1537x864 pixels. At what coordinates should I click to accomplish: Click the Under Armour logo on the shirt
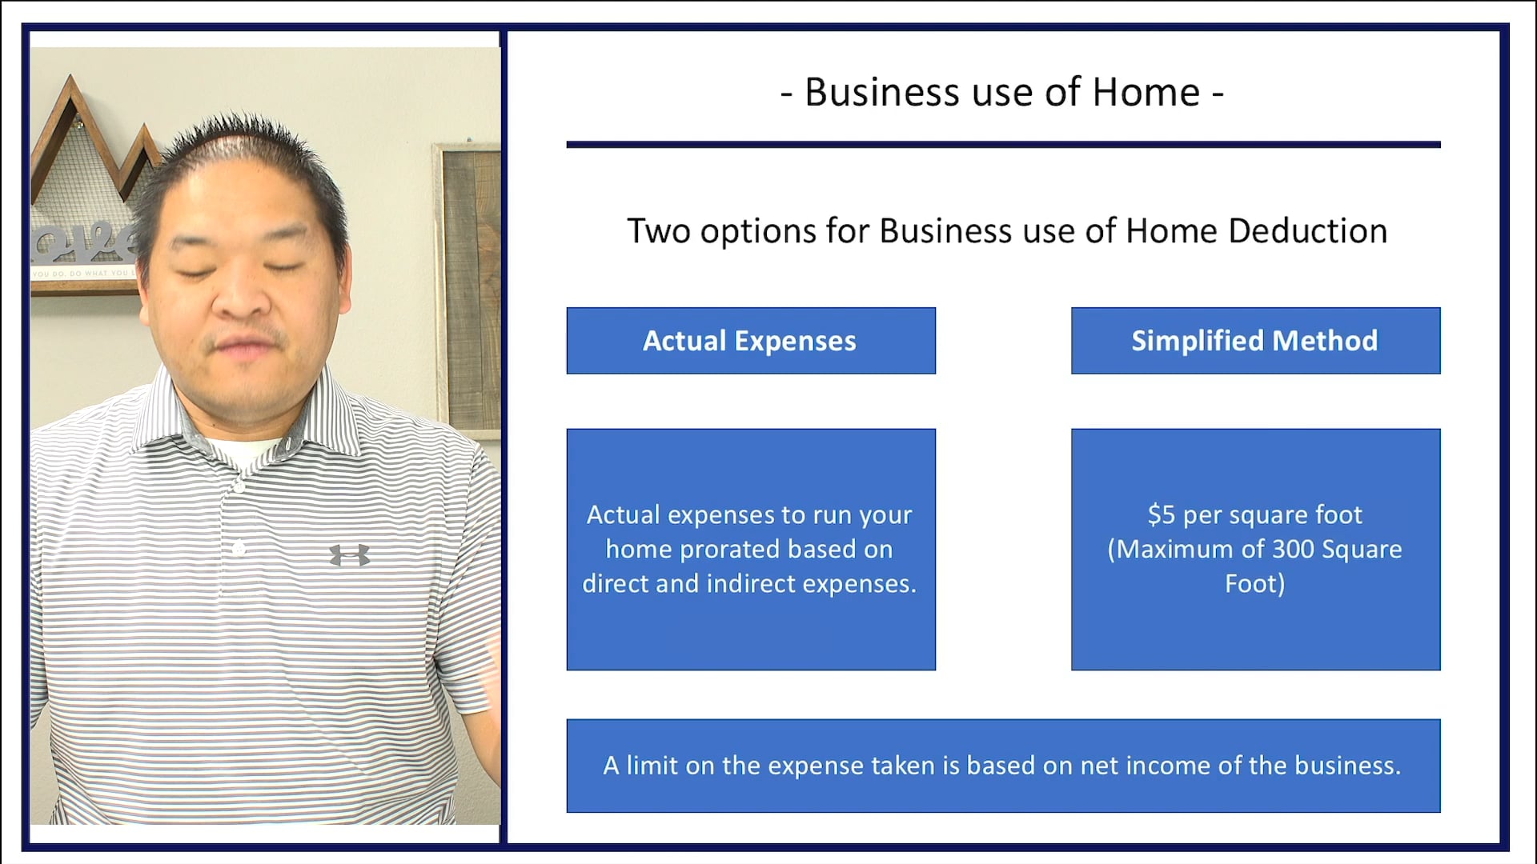[x=350, y=554]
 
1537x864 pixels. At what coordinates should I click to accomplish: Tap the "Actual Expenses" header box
[x=750, y=341]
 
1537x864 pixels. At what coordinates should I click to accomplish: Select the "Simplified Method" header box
[x=1254, y=341]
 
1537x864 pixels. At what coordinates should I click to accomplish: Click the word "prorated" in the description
[x=729, y=550]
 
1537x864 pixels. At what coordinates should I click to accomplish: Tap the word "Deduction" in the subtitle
[x=1307, y=231]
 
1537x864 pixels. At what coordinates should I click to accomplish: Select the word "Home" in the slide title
[x=1146, y=92]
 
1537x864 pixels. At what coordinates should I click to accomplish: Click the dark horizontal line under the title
[x=1003, y=145]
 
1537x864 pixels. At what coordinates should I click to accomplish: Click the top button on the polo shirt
[x=238, y=486]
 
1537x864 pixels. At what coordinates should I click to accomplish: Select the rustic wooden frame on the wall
[x=468, y=288]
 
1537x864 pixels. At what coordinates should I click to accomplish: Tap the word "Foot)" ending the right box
[x=1254, y=584]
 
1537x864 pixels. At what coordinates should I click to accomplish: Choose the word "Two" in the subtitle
[x=658, y=231]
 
